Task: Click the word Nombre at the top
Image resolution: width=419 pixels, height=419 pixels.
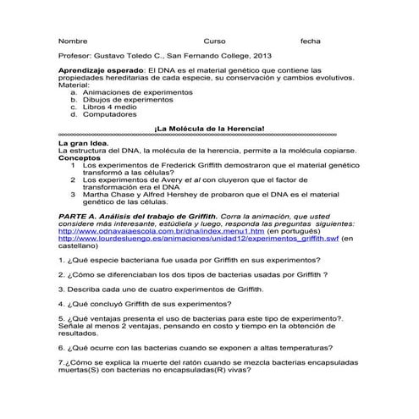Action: (x=73, y=41)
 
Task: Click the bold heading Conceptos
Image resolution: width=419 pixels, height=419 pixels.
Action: (x=79, y=157)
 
